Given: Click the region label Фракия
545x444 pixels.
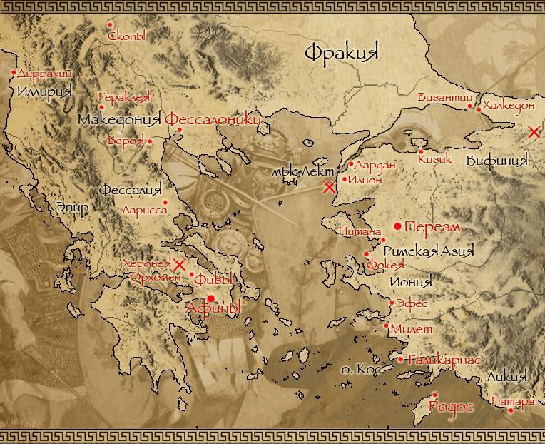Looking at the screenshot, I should click(x=340, y=52).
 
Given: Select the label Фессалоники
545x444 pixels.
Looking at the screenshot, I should click(x=213, y=120).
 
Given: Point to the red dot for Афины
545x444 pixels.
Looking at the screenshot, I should click(x=211, y=298).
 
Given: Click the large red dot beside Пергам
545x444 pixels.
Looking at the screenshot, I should click(x=397, y=226).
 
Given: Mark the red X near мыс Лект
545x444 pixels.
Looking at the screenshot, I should click(x=329, y=188).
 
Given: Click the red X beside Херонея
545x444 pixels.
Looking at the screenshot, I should click(x=180, y=265).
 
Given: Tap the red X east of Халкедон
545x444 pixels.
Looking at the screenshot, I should click(x=534, y=132).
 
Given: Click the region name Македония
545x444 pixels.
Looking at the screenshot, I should click(x=119, y=119).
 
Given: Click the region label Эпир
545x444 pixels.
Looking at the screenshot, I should click(x=73, y=208).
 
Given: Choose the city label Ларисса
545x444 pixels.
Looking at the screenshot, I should click(x=145, y=211).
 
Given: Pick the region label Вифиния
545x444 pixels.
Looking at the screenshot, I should click(x=496, y=160).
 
